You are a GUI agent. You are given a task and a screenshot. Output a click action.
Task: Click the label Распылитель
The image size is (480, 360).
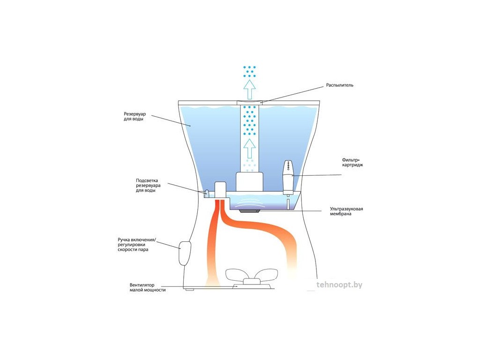tap(339, 85)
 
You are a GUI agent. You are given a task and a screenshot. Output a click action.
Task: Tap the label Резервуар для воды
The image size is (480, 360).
tap(135, 116)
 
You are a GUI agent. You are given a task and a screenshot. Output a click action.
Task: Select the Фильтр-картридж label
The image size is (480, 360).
tap(352, 162)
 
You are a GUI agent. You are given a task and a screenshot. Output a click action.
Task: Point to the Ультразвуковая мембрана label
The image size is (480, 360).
tap(346, 211)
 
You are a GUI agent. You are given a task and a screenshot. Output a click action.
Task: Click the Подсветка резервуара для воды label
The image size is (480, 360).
tap(148, 185)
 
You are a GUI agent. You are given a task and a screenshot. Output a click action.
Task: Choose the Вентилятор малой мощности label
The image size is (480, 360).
tap(148, 287)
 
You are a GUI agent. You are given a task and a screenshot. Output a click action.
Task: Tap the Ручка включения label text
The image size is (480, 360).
tap(137, 240)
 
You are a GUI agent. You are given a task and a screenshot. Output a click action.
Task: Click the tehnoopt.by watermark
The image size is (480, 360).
tap(339, 285)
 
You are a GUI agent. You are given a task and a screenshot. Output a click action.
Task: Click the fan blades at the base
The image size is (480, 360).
tap(251, 274)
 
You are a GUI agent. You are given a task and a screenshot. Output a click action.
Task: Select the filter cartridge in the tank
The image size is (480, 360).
tap(288, 178)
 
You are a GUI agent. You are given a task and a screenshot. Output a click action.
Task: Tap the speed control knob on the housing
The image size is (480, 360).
tap(185, 253)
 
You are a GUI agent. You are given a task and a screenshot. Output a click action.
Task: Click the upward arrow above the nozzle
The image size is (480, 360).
tap(249, 89)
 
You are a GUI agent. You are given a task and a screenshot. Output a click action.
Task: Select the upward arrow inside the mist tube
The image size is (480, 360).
tap(249, 148)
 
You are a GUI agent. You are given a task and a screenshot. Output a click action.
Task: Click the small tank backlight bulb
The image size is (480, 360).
tap(207, 193)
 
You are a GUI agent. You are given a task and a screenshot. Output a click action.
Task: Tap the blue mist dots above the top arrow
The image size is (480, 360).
tap(249, 71)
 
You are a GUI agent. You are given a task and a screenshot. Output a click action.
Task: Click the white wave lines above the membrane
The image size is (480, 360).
tap(249, 200)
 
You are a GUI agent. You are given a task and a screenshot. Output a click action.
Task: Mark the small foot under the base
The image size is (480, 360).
tap(189, 289)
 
